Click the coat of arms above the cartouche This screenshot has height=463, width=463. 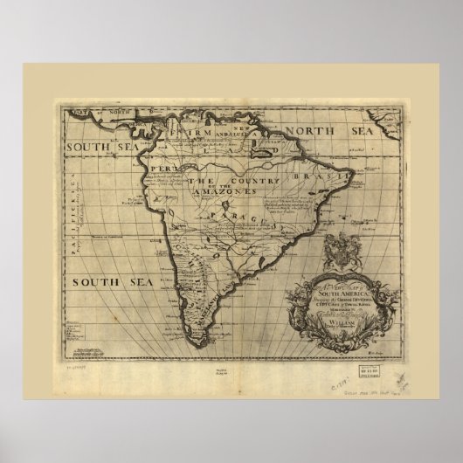[x=339, y=249]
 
